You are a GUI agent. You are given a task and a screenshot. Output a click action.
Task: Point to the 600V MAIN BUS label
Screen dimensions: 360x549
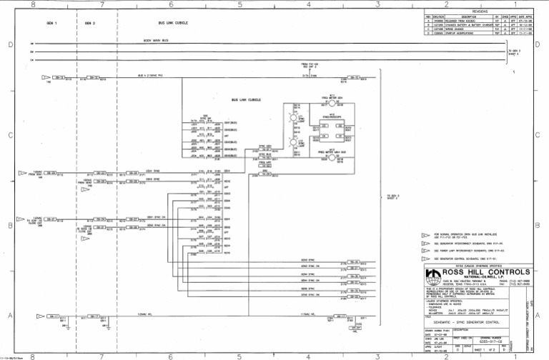pos(156,41)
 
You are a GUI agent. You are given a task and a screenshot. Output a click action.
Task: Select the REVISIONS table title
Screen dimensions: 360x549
pos(479,11)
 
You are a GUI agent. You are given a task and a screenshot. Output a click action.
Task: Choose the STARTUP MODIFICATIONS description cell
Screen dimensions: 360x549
pos(461,33)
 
